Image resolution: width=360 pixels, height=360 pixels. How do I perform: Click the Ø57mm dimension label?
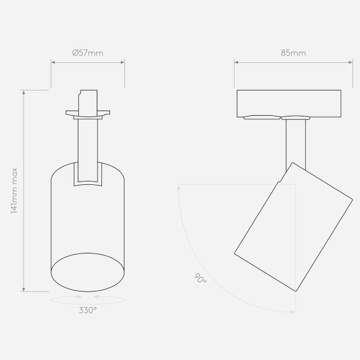(88, 53)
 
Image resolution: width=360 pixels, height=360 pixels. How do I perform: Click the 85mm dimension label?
(293, 53)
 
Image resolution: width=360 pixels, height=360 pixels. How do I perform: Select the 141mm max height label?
(14, 191)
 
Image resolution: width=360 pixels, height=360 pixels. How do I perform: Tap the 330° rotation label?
(88, 311)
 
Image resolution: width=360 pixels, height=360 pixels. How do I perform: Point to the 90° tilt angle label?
(200, 278)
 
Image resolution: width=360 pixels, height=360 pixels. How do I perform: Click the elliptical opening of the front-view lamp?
(87, 272)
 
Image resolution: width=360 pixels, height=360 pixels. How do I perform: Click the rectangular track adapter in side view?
(289, 104)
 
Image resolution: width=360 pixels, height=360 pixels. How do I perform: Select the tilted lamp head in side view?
(293, 227)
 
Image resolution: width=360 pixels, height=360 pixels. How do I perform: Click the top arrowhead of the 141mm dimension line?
(23, 92)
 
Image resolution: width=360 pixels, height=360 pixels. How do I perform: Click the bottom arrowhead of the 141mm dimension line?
(23, 289)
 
